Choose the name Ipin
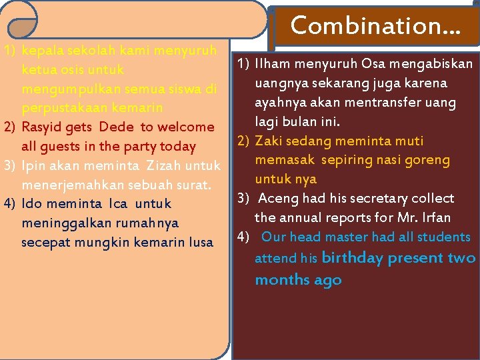click(x=34, y=165)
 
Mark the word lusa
click(x=198, y=242)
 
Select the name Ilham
click(x=274, y=64)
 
